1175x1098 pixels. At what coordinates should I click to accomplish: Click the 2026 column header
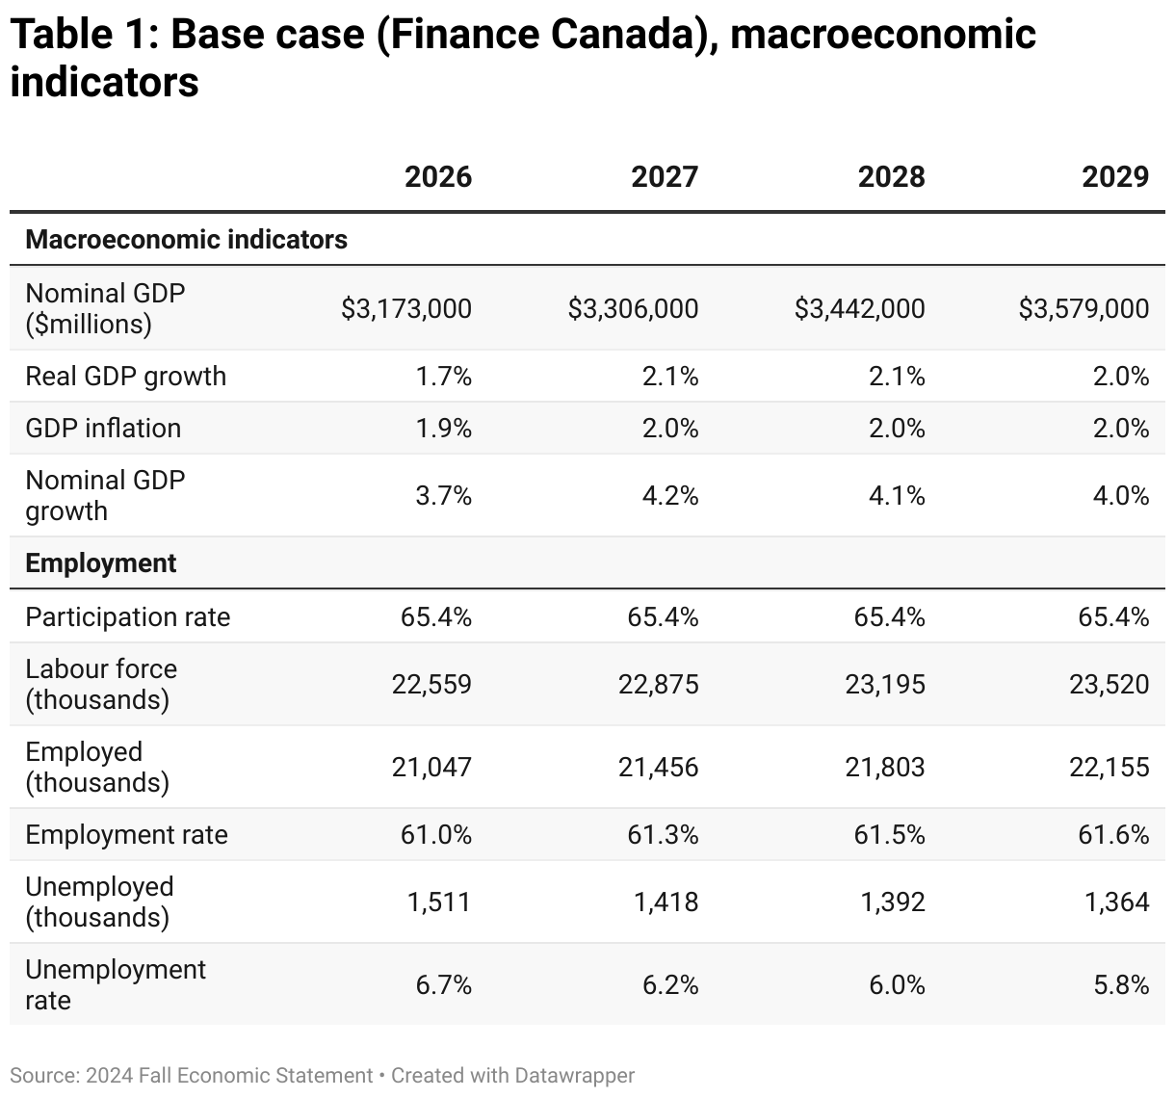tap(437, 177)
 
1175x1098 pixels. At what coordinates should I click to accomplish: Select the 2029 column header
tap(1115, 177)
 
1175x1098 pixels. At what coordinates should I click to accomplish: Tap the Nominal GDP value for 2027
tap(633, 309)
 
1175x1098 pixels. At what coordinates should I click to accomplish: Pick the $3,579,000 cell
tap(1084, 309)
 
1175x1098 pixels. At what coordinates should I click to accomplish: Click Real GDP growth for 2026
tap(443, 377)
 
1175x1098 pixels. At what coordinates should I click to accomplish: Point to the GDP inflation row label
tap(103, 429)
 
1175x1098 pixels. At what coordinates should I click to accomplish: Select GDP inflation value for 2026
tap(443, 429)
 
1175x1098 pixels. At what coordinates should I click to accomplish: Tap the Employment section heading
tap(100, 563)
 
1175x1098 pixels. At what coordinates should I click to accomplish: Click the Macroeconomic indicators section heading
tap(186, 239)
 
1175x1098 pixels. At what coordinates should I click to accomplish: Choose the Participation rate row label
tap(127, 617)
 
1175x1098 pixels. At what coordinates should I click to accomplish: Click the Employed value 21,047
tap(431, 768)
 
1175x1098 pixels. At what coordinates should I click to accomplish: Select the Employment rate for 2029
tap(1113, 835)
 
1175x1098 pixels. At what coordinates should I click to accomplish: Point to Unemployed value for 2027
tap(666, 902)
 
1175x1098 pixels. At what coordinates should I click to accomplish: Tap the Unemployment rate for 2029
tap(1120, 985)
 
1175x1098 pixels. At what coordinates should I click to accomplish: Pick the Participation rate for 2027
tap(663, 617)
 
